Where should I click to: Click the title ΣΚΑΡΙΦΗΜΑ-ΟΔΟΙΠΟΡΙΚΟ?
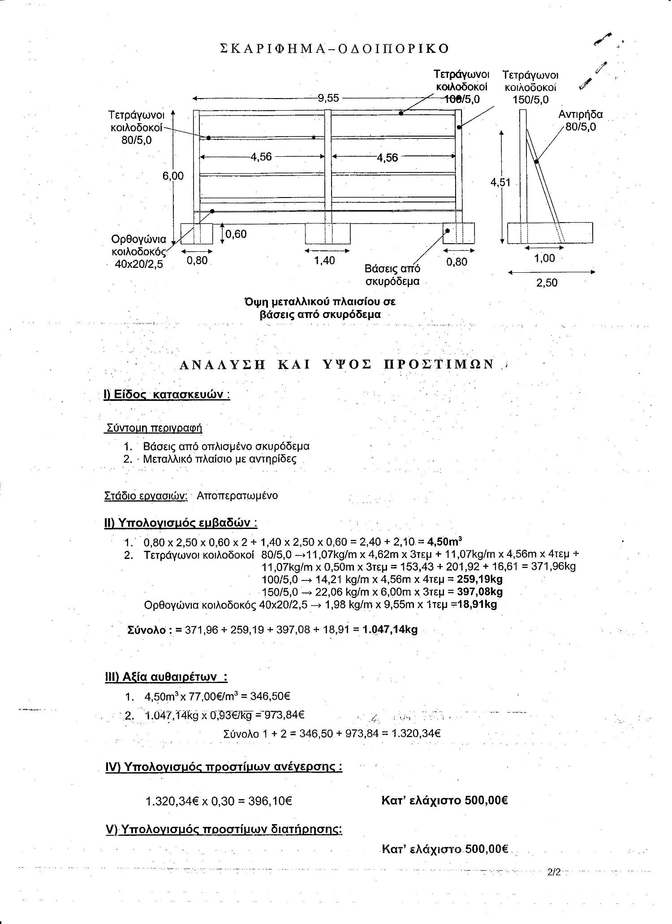[335, 49]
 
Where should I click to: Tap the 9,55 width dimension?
[328, 98]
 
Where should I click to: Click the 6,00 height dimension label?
[173, 176]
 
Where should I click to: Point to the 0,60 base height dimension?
[236, 234]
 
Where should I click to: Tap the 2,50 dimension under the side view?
[547, 283]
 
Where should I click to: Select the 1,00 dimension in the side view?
[545, 258]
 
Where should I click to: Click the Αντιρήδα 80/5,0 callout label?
[581, 120]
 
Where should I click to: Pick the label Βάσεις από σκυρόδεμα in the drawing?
[392, 275]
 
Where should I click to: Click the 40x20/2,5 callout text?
[139, 264]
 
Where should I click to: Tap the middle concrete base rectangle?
[327, 233]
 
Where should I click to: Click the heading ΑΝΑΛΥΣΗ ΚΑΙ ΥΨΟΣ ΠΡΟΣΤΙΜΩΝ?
[337, 365]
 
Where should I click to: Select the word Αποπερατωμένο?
[237, 496]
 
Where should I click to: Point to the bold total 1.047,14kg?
[390, 629]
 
